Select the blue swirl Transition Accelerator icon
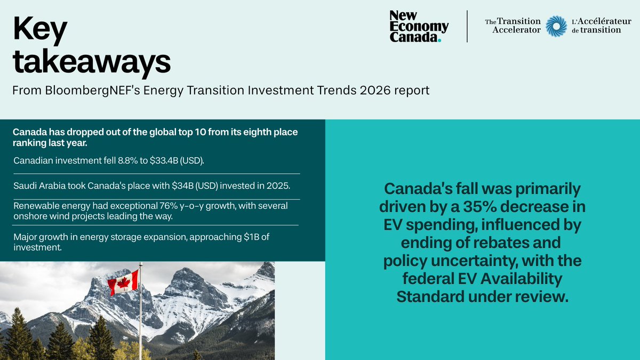[x=556, y=26]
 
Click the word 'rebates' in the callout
[x=526, y=243]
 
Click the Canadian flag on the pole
[x=123, y=282]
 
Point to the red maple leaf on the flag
[x=123, y=282]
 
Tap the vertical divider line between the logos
[x=467, y=26]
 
